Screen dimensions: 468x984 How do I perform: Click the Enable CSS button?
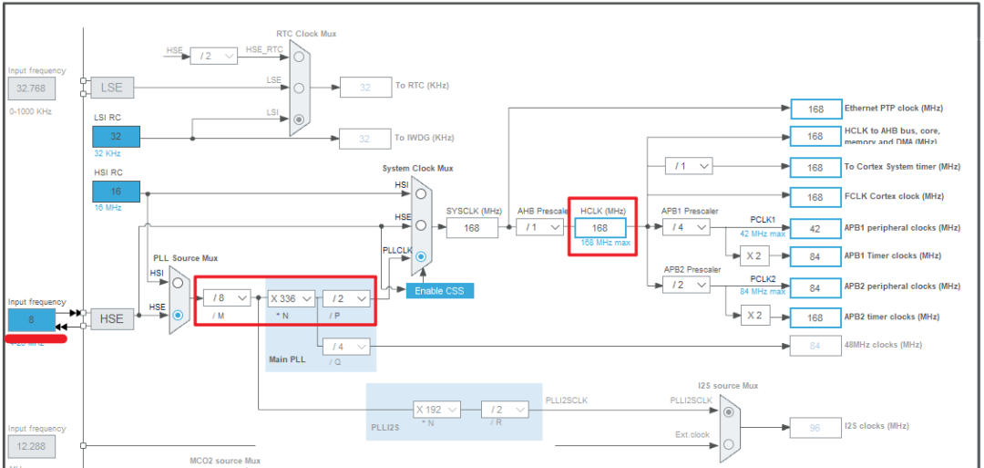440,291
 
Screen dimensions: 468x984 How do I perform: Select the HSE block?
111,318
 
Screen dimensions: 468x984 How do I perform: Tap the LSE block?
111,88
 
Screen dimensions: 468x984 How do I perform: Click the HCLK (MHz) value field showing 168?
600,228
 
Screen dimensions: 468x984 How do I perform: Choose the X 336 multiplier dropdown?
292,297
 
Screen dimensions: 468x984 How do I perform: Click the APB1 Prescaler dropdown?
686,227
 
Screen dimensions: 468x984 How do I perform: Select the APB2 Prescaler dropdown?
686,286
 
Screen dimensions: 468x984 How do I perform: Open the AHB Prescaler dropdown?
539,228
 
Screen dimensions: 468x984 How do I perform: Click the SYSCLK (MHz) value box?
472,228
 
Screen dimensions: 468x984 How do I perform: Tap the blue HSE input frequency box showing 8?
31,320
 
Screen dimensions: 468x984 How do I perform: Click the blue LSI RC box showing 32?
116,137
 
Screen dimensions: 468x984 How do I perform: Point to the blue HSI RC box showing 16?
116,192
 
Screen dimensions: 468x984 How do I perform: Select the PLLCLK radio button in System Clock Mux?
420,258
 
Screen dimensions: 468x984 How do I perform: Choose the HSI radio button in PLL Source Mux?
178,284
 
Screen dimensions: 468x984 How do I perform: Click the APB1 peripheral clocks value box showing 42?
815,228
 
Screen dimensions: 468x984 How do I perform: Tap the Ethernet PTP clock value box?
815,109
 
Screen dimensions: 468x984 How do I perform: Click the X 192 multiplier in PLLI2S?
436,410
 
